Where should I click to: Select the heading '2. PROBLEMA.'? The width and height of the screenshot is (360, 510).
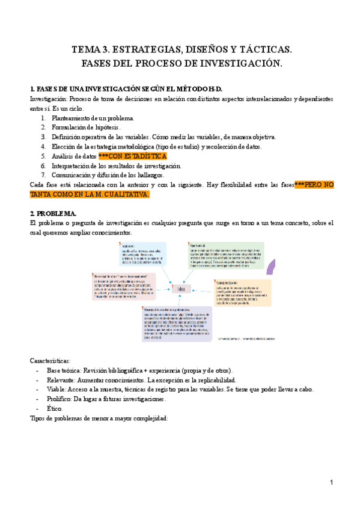point(53,214)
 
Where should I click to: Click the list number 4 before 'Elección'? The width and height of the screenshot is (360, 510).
point(43,147)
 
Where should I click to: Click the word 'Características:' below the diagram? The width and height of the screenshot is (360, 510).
point(50,360)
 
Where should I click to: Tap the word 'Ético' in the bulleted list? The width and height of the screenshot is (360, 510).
point(54,408)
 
